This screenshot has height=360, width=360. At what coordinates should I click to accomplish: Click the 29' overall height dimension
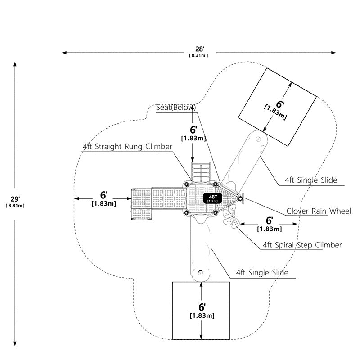point(15,199)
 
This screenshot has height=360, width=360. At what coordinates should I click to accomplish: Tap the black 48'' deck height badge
point(212,198)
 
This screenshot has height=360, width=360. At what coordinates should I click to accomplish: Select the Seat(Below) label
point(176,108)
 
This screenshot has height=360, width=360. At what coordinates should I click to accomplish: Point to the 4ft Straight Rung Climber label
point(127,147)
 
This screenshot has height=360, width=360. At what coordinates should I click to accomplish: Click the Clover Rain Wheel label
point(319,211)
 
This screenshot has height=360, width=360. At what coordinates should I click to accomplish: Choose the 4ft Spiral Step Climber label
point(302,245)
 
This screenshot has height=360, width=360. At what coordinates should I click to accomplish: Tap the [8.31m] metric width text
point(198,55)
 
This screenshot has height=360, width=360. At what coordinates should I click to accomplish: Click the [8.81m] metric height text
point(15,206)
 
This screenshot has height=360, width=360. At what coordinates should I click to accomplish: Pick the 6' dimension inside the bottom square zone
point(202,307)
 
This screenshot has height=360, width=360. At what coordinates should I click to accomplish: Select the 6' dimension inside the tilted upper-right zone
point(280,104)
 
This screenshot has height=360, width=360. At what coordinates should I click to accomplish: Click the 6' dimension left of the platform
point(104,195)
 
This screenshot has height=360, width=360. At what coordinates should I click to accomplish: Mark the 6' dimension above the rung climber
point(193,130)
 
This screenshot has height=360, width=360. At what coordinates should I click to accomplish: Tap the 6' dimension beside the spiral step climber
point(269,220)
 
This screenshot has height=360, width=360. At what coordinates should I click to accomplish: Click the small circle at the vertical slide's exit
point(200,273)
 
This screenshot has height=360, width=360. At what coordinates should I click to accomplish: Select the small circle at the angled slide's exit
point(258,139)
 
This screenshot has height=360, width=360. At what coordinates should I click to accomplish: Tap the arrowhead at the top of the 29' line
point(15,64)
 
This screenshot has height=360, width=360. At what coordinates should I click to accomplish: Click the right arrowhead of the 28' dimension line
point(333,53)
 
